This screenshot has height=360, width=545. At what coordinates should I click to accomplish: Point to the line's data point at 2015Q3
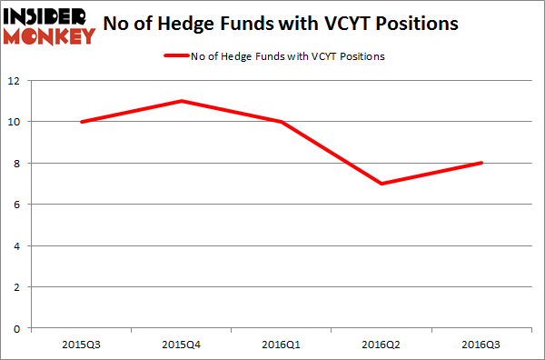pyautogui.click(x=82, y=122)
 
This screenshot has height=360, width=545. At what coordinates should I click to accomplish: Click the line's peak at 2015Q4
pyautogui.click(x=182, y=101)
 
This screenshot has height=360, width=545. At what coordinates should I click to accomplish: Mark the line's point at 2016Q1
pyautogui.click(x=282, y=122)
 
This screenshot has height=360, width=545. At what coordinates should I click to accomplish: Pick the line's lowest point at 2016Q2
pyautogui.click(x=381, y=184)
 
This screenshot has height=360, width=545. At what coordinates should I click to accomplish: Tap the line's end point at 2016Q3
pyautogui.click(x=481, y=163)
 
